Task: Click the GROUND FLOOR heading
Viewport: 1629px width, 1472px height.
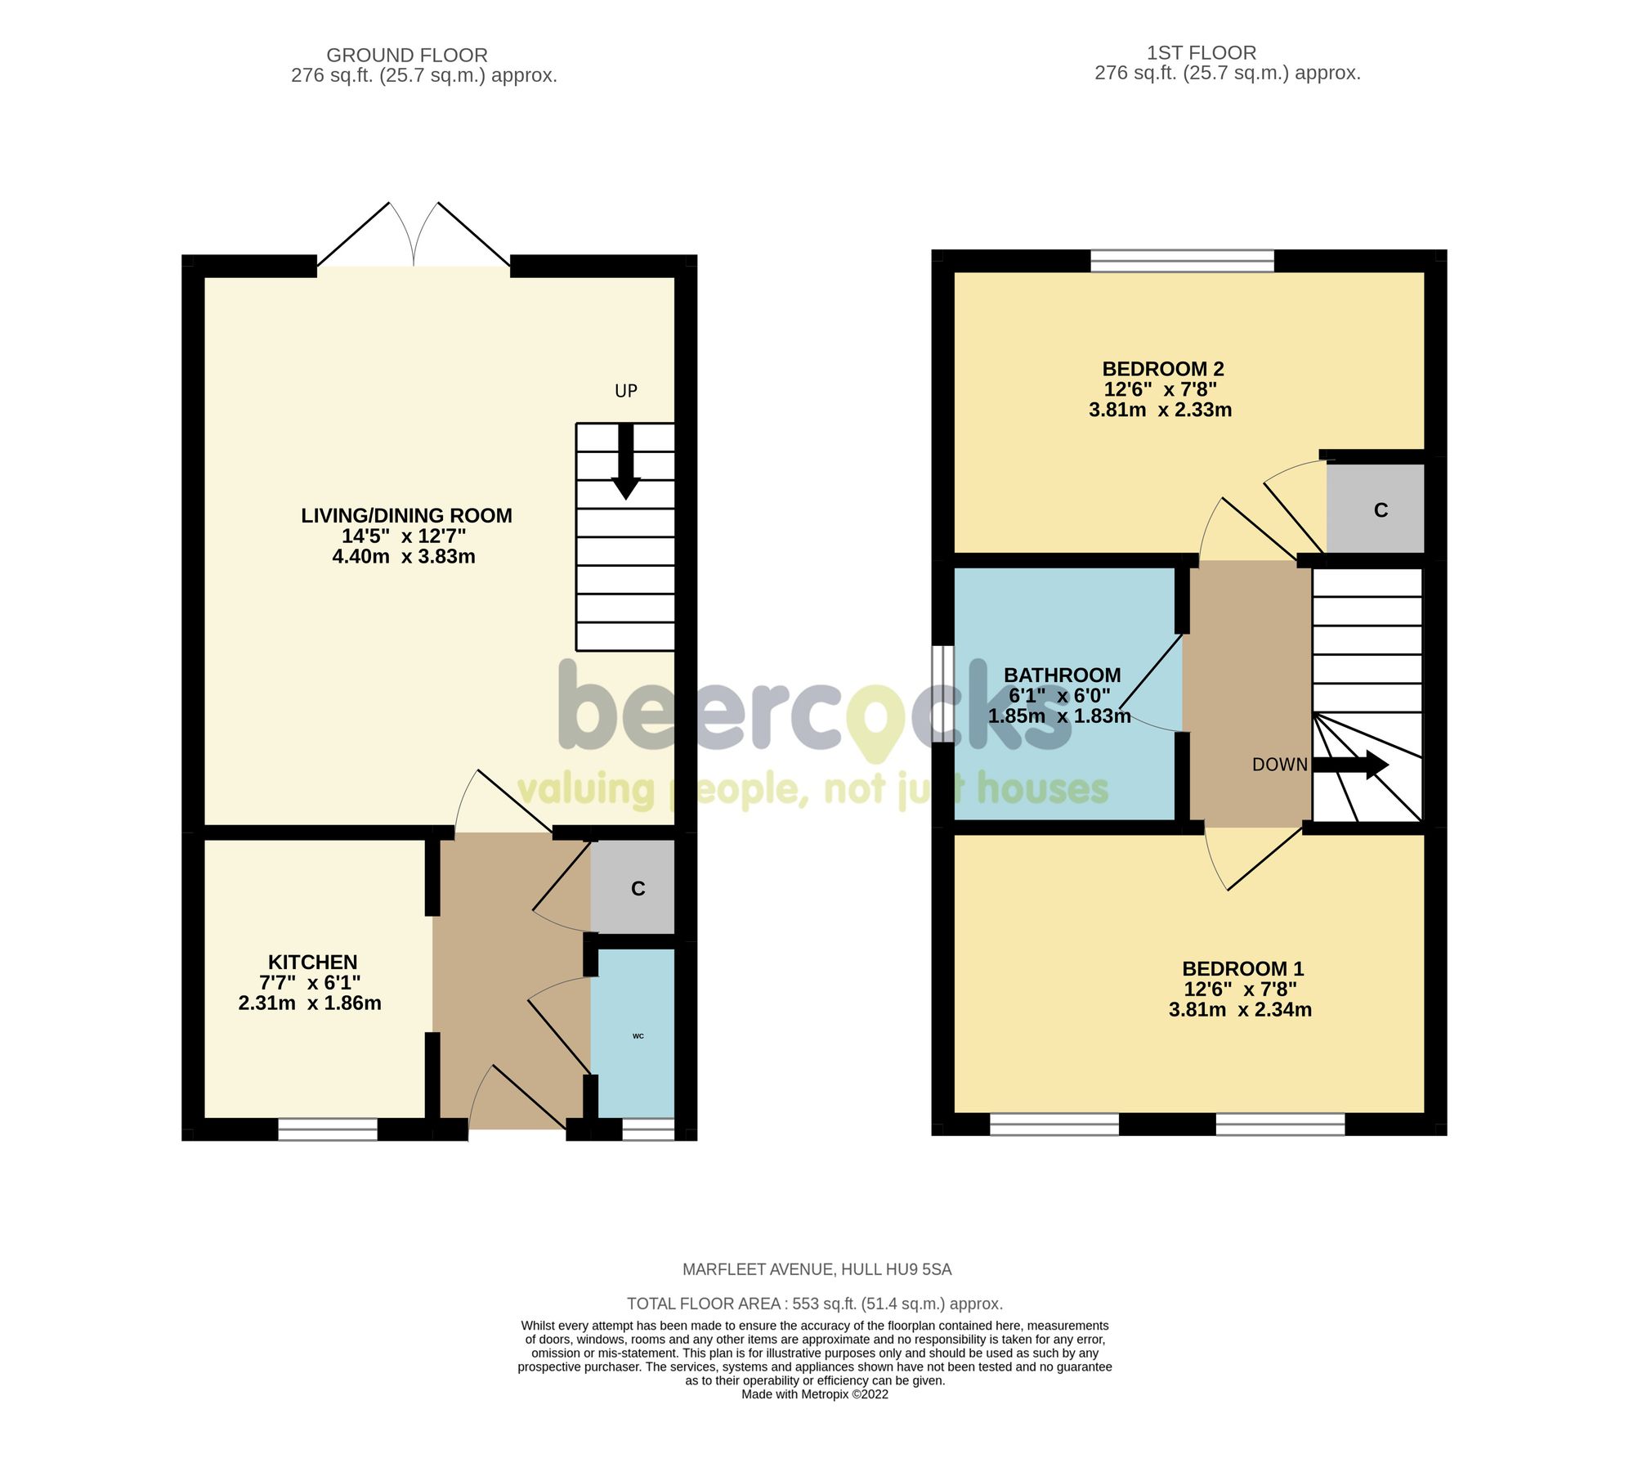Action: [x=406, y=56]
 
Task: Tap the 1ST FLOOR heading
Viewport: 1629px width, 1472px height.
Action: [x=1201, y=53]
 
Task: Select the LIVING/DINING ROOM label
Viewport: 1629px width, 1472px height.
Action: [x=406, y=516]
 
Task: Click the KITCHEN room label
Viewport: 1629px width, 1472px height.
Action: [x=312, y=963]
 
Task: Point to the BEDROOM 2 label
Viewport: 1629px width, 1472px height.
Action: [x=1162, y=370]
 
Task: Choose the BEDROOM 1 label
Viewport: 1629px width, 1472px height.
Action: [x=1242, y=969]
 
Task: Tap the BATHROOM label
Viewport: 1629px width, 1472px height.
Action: [x=1062, y=675]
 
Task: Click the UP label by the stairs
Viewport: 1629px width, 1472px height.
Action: [x=625, y=392]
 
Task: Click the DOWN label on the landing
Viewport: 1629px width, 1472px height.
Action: [x=1279, y=765]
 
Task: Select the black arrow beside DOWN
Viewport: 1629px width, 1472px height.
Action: [x=1350, y=765]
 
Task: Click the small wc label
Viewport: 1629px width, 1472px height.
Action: [x=638, y=1036]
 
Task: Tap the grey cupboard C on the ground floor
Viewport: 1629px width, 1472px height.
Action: [x=633, y=888]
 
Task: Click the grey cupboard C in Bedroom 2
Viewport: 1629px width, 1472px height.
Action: [x=1376, y=510]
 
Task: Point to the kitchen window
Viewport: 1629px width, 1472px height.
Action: [x=328, y=1129]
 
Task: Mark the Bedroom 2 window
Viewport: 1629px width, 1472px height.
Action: [x=1182, y=261]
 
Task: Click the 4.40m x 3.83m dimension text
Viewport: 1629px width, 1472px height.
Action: [x=404, y=557]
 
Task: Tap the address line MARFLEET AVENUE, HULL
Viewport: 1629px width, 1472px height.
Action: [x=817, y=1270]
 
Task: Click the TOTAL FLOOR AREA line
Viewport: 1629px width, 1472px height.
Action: [x=814, y=1304]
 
